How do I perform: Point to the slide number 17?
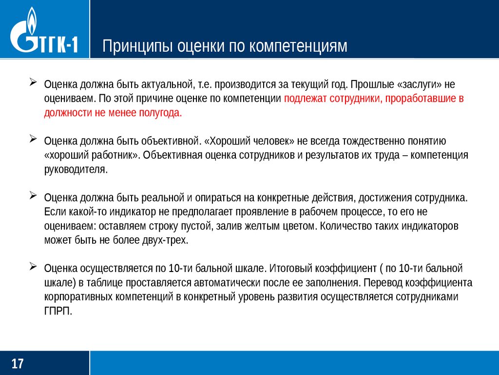18,364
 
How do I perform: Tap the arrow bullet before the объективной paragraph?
33,139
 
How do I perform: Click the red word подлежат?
301,98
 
